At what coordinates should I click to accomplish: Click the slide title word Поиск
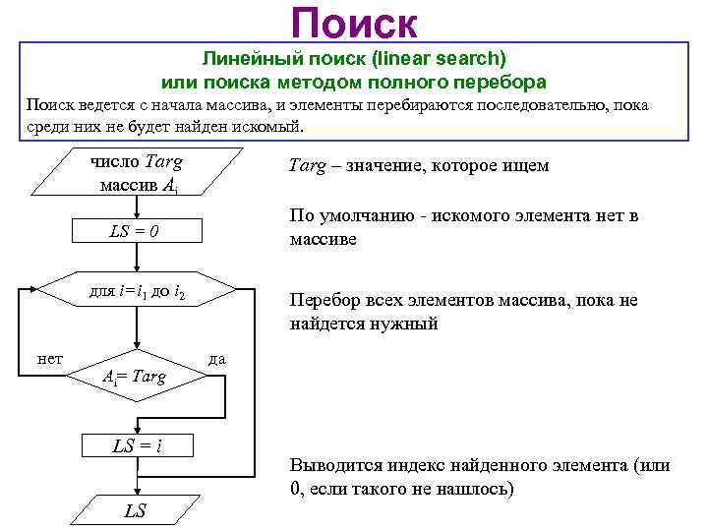[354, 24]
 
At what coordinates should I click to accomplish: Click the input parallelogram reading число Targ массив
[137, 173]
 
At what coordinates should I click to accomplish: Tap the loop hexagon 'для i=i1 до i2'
[138, 292]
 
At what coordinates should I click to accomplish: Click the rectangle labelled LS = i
[137, 445]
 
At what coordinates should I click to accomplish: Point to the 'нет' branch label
[49, 359]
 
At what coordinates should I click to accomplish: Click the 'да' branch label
[217, 359]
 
